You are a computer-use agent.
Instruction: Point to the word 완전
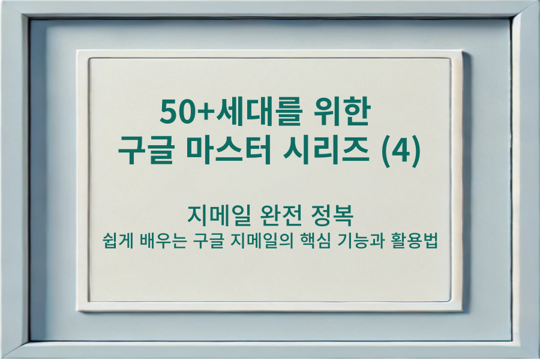278,215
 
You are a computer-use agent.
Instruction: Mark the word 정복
332,215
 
